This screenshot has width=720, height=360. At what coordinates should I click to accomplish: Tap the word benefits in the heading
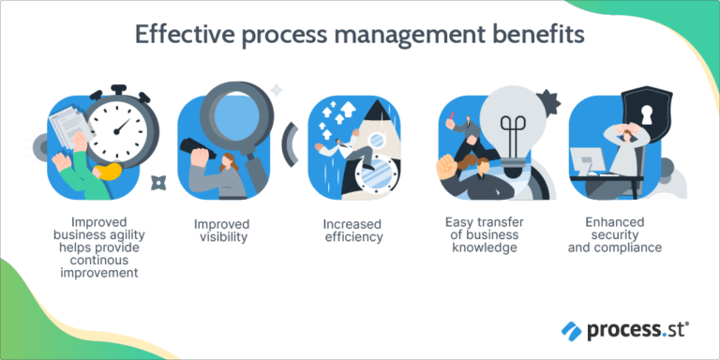(x=540, y=35)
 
